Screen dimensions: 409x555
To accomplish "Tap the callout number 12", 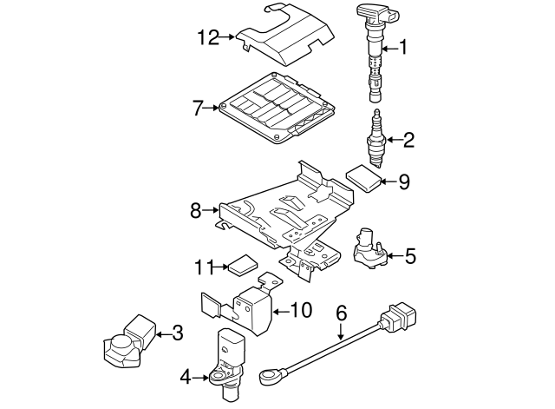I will click(x=208, y=36).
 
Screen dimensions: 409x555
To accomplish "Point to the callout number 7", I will click(x=198, y=109).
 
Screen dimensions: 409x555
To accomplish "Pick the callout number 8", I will click(x=196, y=209).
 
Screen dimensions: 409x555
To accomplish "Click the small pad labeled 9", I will click(x=364, y=177).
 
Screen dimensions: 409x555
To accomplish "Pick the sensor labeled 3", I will click(x=128, y=340).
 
